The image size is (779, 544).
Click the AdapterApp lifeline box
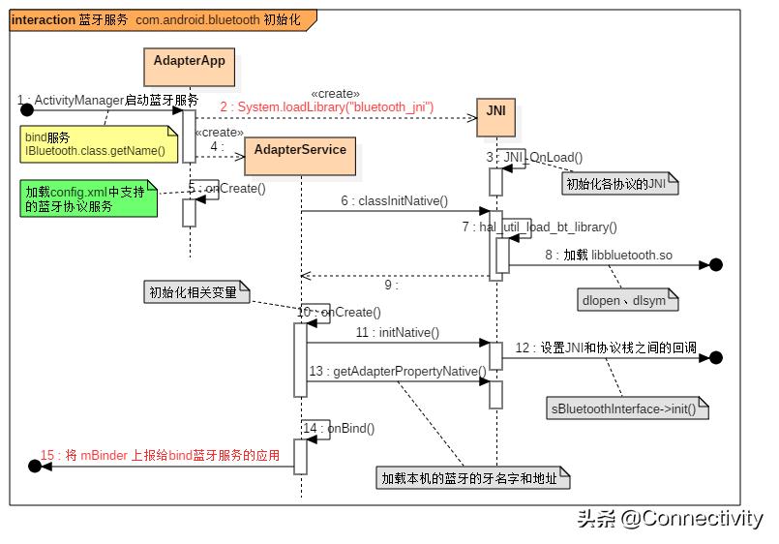189,61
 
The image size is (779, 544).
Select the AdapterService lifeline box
300,150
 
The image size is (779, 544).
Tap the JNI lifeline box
495,112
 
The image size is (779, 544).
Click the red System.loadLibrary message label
326,106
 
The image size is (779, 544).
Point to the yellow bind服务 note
96,144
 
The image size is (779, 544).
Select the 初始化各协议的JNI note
619,183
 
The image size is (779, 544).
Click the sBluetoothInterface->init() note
627,408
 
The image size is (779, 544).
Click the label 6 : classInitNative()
394,201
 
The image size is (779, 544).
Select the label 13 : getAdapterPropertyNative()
397,371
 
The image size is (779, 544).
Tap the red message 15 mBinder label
160,456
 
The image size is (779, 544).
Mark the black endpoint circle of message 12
716,357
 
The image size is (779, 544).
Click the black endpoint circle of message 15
35,467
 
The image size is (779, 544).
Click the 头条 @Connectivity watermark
670,519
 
